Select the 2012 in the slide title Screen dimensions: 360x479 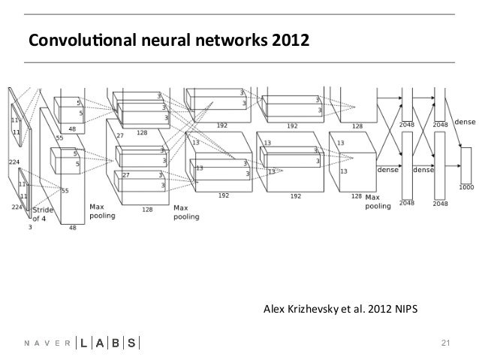pos(288,38)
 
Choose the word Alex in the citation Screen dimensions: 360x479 pos(273,310)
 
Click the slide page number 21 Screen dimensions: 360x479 pos(444,343)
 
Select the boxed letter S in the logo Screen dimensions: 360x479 pos(131,343)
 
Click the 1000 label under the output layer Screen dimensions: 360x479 pos(465,187)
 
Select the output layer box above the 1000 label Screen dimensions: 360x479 pos(465,163)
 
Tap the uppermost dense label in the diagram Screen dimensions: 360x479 pos(464,120)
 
